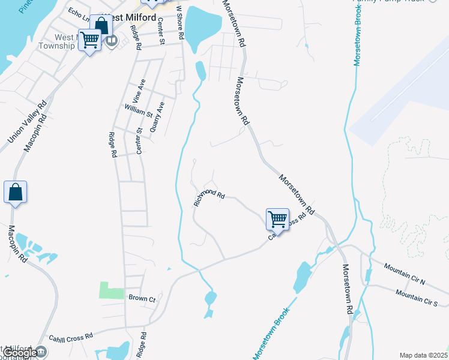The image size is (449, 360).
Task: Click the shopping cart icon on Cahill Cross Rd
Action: pos(277,220)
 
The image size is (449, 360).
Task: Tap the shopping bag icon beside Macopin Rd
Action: pos(16,193)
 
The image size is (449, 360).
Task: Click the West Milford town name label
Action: pos(129,17)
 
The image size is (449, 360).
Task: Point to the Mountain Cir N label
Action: pos(405,273)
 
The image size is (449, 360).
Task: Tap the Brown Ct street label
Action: pos(142,298)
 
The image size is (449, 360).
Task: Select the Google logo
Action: pos(20,353)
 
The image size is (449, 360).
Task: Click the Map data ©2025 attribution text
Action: pos(423,355)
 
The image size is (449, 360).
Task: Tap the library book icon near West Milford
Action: pos(112,41)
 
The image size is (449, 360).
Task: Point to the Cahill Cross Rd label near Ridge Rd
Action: pos(71,337)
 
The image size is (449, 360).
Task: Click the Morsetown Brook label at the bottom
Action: pos(272,334)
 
